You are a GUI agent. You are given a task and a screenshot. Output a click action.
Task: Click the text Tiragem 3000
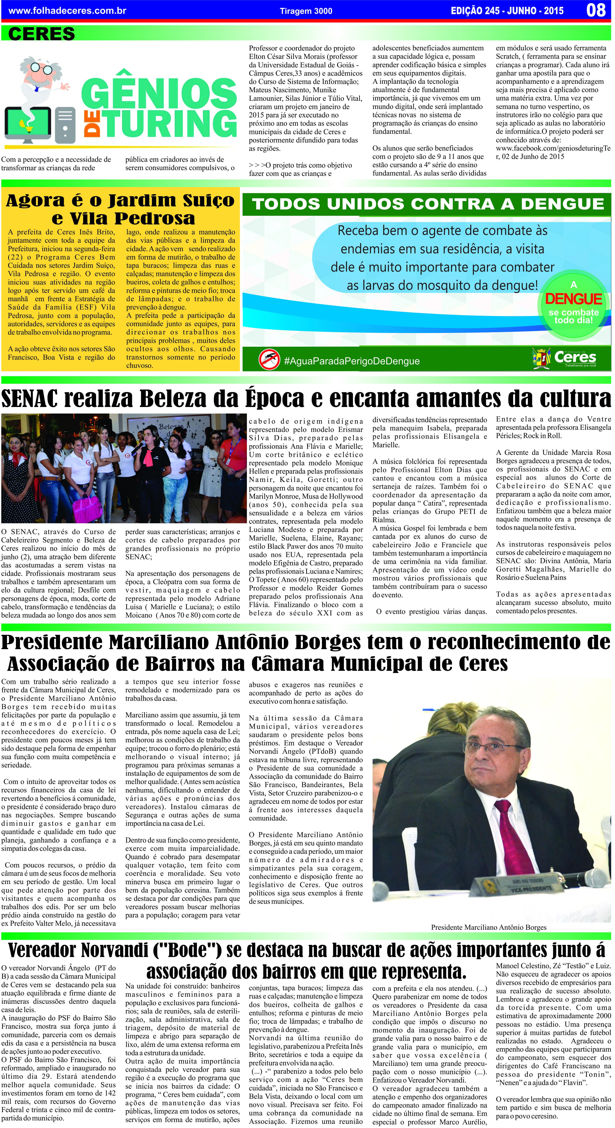(x=306, y=11)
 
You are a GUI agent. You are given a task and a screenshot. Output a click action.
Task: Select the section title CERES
(x=42, y=34)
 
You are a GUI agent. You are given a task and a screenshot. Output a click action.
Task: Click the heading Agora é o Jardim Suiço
(x=120, y=201)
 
